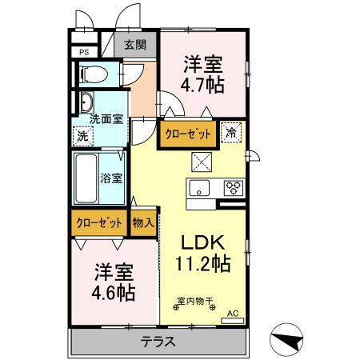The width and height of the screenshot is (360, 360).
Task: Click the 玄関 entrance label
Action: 134,46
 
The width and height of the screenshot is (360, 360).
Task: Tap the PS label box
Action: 83,54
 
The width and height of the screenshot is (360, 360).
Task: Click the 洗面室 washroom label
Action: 106,118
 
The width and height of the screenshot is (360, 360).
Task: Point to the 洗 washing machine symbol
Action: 82,135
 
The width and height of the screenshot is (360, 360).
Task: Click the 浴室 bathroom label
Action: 112,178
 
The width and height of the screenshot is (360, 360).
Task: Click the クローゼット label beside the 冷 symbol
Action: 189,134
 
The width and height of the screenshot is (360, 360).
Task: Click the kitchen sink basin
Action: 199,189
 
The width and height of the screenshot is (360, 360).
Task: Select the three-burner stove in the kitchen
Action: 233,189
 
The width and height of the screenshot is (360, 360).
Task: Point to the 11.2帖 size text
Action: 202,263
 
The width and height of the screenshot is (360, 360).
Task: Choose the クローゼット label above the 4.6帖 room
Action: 100,223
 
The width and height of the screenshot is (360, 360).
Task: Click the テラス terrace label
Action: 158,341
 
